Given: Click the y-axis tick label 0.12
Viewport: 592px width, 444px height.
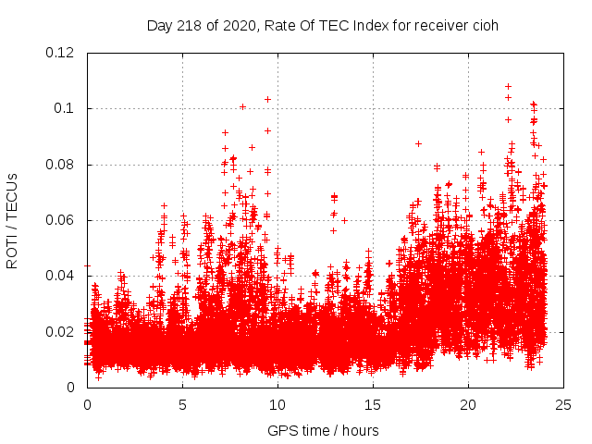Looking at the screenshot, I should pos(63,53).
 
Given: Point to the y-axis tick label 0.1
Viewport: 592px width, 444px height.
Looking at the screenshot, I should pos(67,108).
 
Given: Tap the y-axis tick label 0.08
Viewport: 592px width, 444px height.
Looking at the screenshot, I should pos(63,165).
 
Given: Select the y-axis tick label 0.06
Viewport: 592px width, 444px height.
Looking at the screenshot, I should pos(63,220).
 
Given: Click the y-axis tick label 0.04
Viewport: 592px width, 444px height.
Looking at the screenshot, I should pos(63,276).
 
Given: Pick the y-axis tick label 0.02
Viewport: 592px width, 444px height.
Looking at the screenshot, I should pos(63,331).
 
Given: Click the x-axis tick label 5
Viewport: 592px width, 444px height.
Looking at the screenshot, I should pos(182,404).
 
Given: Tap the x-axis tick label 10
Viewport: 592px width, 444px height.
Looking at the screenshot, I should pos(277,404).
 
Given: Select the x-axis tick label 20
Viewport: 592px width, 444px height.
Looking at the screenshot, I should pos(468,404).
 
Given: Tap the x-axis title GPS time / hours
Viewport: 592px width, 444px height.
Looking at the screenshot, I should pos(325,429).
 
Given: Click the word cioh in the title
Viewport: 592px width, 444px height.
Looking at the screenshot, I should pos(486,25).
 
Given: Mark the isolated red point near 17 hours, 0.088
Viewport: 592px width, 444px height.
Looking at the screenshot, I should pos(418,143).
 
